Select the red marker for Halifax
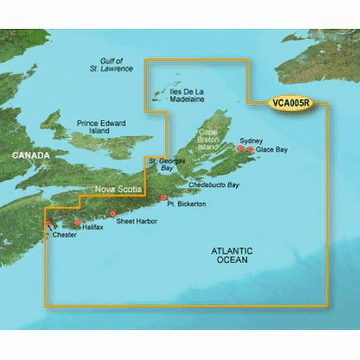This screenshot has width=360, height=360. (x=77, y=222)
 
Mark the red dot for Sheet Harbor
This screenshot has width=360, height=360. (x=112, y=214)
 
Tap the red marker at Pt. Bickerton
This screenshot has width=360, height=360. (x=164, y=198)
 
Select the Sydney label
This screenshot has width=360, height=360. (x=250, y=142)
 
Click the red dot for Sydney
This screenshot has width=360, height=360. (x=239, y=149)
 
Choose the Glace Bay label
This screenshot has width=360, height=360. (x=271, y=150)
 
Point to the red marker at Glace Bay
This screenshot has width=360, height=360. (x=251, y=150)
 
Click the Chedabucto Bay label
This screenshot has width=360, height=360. (x=215, y=186)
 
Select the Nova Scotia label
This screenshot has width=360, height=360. (x=118, y=188)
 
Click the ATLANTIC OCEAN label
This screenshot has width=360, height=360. (x=231, y=255)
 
